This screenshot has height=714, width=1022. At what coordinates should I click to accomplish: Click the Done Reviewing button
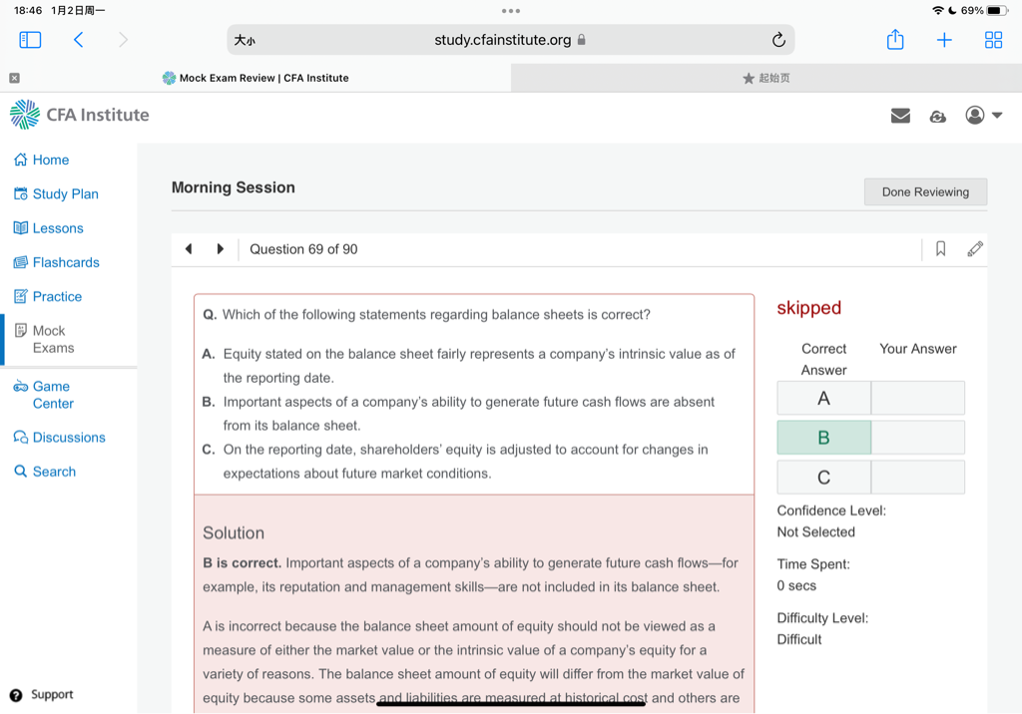coord(925,192)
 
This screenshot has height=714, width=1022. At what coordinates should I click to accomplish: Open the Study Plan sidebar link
coord(65,194)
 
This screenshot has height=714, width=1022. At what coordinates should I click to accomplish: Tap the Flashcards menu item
coord(66,262)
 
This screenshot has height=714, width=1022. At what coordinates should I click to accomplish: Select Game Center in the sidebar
coord(53,395)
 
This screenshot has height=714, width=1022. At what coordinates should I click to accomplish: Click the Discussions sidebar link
coord(68,438)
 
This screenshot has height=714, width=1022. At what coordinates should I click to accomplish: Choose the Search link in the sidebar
coord(54,472)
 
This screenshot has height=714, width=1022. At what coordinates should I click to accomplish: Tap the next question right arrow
coord(221,249)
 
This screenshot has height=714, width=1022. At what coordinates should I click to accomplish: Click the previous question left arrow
coord(189,249)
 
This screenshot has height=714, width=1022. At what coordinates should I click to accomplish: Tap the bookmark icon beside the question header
coord(940,249)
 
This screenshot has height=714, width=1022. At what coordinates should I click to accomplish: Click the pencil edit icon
coord(975,249)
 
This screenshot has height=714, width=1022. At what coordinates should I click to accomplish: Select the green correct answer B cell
coord(823,438)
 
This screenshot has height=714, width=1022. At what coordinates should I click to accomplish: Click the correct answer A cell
coord(823,398)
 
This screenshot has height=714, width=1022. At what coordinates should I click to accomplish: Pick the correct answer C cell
coord(823,478)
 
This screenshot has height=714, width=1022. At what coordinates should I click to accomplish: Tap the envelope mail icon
coord(900,116)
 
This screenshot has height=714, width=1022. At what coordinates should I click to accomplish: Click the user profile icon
coord(975,116)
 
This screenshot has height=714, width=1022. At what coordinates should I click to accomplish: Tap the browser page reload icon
coord(778,40)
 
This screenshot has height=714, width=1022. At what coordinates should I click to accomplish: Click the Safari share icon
coord(895,40)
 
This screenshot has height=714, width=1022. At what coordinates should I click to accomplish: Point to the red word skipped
coord(809,308)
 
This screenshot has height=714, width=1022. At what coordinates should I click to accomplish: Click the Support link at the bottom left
coord(51,695)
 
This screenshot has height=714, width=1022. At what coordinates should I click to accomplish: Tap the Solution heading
coord(234,534)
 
